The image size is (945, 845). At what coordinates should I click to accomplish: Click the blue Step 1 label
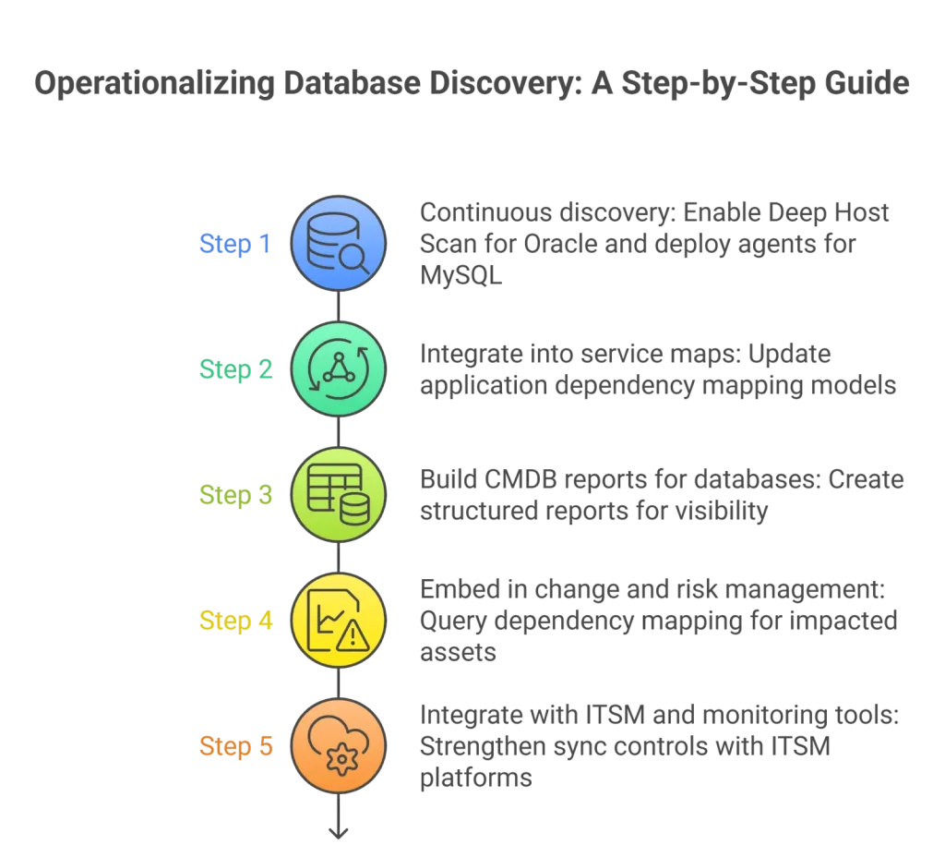(236, 245)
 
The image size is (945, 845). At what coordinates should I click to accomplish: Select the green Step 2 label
(236, 370)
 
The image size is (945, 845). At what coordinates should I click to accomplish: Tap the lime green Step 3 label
(236, 496)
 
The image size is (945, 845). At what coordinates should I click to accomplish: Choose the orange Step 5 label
(236, 747)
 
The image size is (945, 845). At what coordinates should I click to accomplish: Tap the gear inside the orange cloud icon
(341, 759)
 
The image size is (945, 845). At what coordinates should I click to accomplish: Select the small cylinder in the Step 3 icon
(353, 509)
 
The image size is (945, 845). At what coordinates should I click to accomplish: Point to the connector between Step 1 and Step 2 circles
(339, 307)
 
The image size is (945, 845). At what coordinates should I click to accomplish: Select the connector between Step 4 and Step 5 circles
(339, 683)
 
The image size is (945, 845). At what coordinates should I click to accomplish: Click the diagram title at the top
(472, 85)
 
